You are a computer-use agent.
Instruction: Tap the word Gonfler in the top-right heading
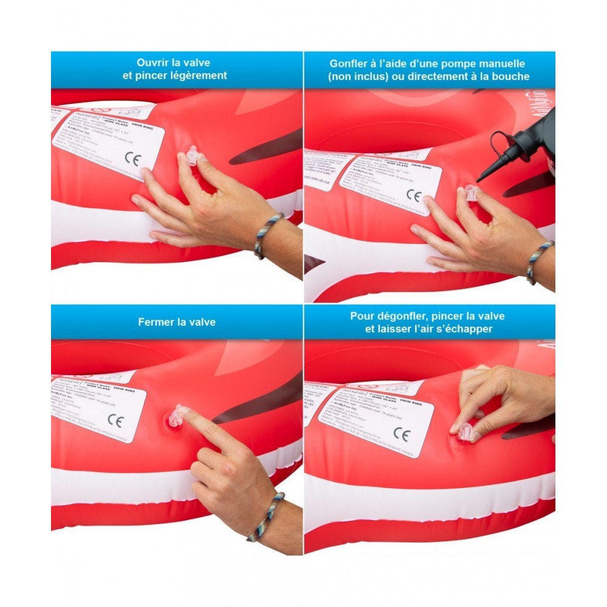tap(348, 63)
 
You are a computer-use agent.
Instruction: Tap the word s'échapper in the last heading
tap(462, 329)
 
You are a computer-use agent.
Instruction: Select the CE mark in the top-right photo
tap(413, 195)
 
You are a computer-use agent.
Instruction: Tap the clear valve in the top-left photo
tap(191, 156)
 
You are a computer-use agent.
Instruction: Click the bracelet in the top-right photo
tap(539, 262)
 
